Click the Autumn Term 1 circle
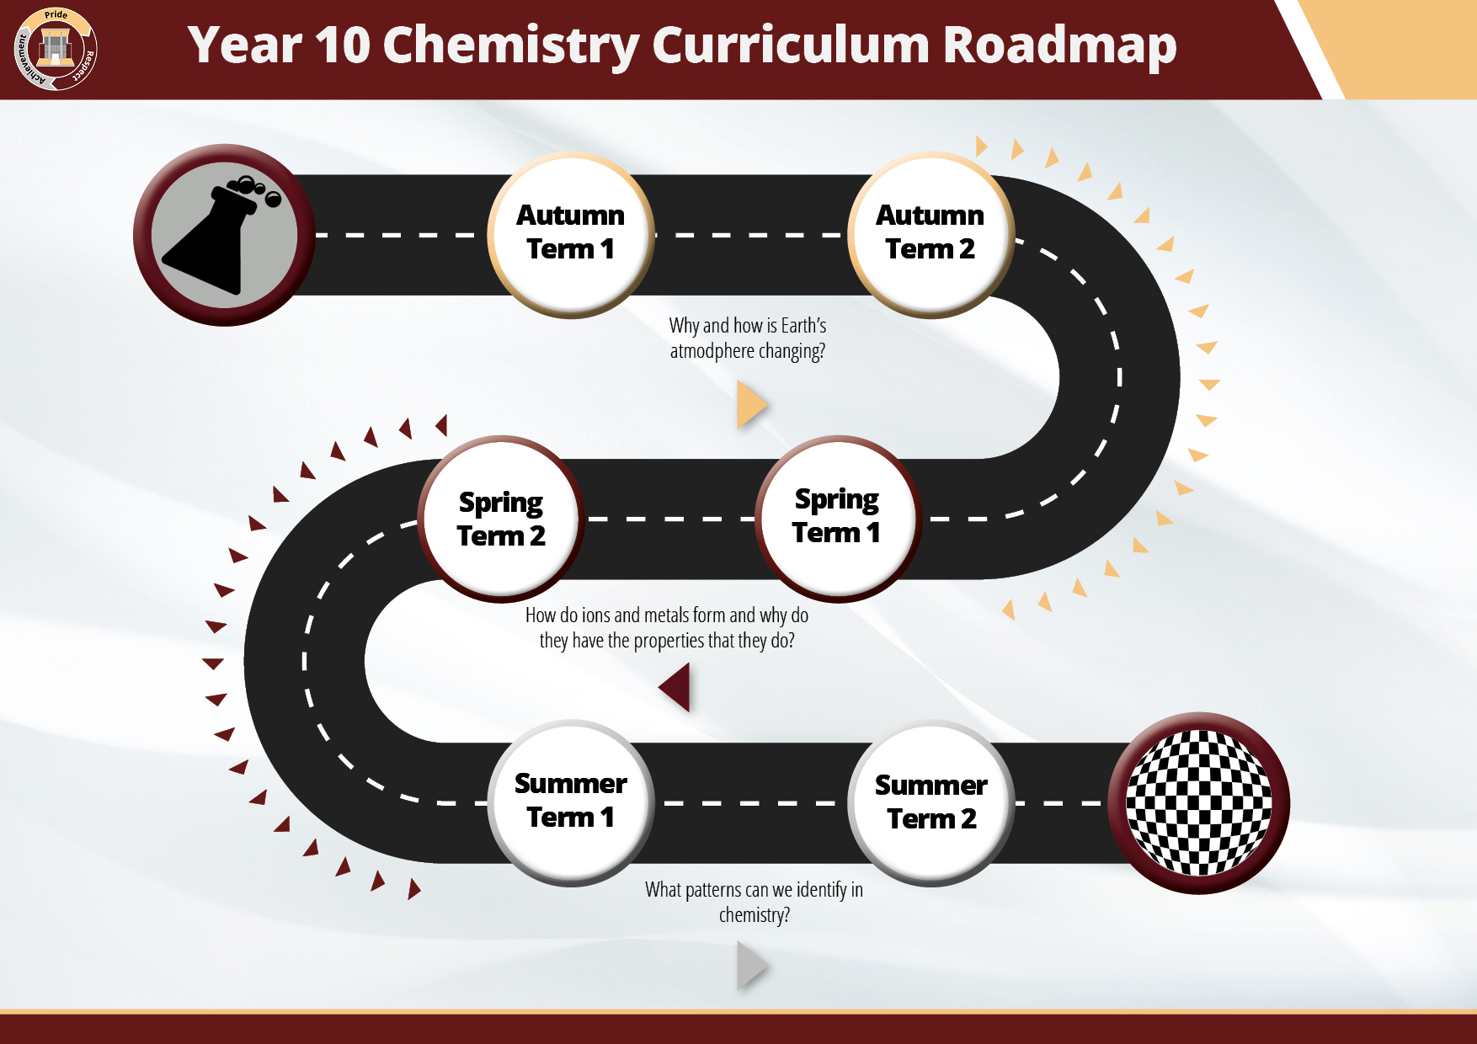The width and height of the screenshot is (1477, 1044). [x=571, y=235]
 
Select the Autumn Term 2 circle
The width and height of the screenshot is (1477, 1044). [x=930, y=235]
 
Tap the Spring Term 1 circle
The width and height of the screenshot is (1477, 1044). [x=838, y=519]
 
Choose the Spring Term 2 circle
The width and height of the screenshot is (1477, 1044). [x=501, y=519]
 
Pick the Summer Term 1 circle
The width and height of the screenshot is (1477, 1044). [x=571, y=803]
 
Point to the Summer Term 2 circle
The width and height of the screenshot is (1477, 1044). [x=930, y=803]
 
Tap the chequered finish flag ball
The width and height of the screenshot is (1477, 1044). [x=1198, y=803]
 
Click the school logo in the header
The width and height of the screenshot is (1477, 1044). [x=56, y=49]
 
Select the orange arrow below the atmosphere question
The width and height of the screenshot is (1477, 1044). [x=752, y=404]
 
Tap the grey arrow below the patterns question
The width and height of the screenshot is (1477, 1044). [x=752, y=965]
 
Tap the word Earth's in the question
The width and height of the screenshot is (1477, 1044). [x=803, y=326]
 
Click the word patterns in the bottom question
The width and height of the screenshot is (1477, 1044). [x=714, y=891]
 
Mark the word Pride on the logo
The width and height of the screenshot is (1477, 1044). [x=56, y=15]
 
